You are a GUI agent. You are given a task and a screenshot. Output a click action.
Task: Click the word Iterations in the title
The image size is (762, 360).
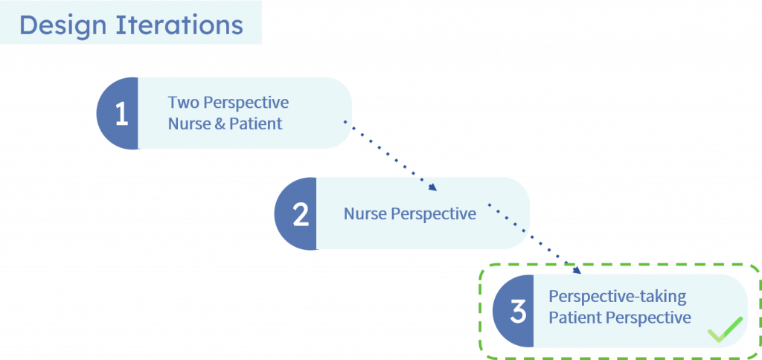(x=179, y=25)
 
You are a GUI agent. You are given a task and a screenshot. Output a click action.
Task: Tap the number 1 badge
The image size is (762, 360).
(x=117, y=113)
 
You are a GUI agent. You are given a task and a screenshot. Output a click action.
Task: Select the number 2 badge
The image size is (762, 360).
(x=295, y=213)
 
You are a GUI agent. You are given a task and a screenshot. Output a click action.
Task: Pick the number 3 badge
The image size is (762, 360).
(x=513, y=312)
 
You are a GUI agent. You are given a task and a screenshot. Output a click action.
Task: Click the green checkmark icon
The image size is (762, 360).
(x=725, y=330)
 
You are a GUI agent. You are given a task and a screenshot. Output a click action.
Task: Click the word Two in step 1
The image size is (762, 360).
(x=184, y=103)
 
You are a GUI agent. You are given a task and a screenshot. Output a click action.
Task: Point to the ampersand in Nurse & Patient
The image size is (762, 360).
(x=220, y=124)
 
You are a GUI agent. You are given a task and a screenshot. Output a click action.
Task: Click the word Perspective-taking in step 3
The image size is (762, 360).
(x=617, y=297)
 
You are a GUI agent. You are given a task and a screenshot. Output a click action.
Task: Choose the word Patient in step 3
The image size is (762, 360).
(x=575, y=318)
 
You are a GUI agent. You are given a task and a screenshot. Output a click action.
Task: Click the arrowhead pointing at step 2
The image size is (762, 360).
(x=433, y=187)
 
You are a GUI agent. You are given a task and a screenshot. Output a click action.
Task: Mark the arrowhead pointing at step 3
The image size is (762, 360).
(x=577, y=270)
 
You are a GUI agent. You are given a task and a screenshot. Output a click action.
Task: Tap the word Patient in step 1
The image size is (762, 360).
(x=256, y=124)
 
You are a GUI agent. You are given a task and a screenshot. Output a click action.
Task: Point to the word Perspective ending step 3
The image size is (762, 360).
(x=648, y=318)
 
